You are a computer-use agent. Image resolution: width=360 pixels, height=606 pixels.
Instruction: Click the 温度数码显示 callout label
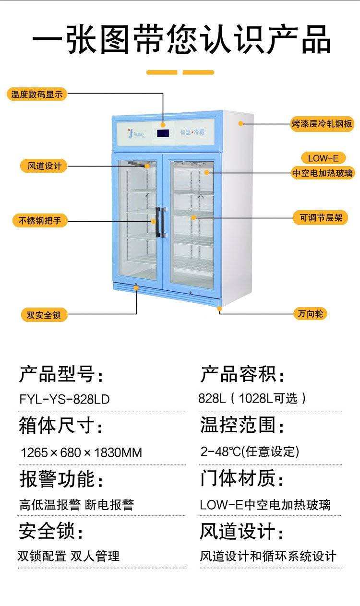click(37, 94)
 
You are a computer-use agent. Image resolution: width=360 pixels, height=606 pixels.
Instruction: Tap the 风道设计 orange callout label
click(41, 166)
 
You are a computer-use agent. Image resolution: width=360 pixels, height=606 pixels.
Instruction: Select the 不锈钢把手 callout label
click(40, 221)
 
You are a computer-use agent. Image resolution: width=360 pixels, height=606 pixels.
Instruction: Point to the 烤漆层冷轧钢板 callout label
click(322, 123)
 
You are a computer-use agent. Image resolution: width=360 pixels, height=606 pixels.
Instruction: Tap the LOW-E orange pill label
click(323, 158)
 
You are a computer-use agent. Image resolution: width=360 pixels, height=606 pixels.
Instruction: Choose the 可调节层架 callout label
click(321, 218)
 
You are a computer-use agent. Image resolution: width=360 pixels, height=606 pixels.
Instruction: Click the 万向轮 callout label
click(310, 314)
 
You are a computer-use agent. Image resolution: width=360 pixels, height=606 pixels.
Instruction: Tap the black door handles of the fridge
click(161, 222)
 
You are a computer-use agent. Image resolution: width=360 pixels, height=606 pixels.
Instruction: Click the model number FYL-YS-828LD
click(64, 399)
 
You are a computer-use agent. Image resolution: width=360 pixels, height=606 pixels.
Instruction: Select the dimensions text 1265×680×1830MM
click(81, 452)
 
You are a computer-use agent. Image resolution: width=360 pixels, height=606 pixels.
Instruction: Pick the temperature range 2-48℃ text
click(250, 451)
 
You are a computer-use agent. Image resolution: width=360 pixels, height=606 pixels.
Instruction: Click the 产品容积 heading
click(242, 374)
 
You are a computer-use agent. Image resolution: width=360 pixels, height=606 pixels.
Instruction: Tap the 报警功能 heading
click(61, 479)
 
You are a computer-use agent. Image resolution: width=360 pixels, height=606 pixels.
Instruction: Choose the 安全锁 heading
click(51, 531)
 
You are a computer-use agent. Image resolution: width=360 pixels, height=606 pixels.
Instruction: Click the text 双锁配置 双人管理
click(69, 556)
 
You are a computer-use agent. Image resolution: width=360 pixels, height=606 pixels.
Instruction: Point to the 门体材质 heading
click(242, 478)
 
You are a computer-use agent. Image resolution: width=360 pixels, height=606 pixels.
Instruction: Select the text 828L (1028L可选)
click(252, 398)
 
